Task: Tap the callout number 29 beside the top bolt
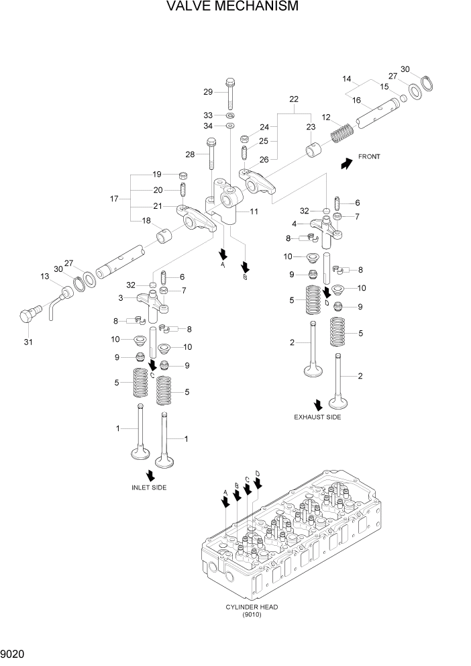208,92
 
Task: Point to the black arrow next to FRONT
346,163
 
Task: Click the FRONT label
369,157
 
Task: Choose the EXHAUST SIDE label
317,418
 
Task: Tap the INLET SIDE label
149,487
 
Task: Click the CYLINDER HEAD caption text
252,607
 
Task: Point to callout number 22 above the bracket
294,99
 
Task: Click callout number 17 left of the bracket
114,199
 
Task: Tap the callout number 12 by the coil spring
326,117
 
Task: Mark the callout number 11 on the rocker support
253,211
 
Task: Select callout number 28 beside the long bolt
190,154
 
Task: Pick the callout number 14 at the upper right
347,79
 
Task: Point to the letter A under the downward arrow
222,265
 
